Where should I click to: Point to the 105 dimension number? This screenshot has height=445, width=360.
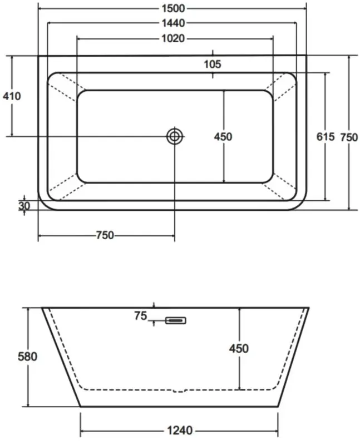[212, 64]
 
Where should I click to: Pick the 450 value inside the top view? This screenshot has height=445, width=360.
[223, 136]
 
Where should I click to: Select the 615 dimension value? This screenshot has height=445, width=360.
[325, 136]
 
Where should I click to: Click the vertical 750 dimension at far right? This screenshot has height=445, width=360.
[349, 136]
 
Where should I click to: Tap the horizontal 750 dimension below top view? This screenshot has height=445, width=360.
[105, 235]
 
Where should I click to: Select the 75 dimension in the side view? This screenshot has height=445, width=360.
[140, 317]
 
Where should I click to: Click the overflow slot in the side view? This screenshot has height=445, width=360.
[175, 320]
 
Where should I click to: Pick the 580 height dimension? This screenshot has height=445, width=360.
[27, 357]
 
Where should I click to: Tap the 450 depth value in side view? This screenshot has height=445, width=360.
[239, 348]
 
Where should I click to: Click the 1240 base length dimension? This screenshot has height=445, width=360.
[179, 430]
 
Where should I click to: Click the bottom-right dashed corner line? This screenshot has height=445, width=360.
[283, 185]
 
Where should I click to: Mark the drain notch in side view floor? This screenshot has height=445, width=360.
[179, 390]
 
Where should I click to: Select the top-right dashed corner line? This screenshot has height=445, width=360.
[283, 87]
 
